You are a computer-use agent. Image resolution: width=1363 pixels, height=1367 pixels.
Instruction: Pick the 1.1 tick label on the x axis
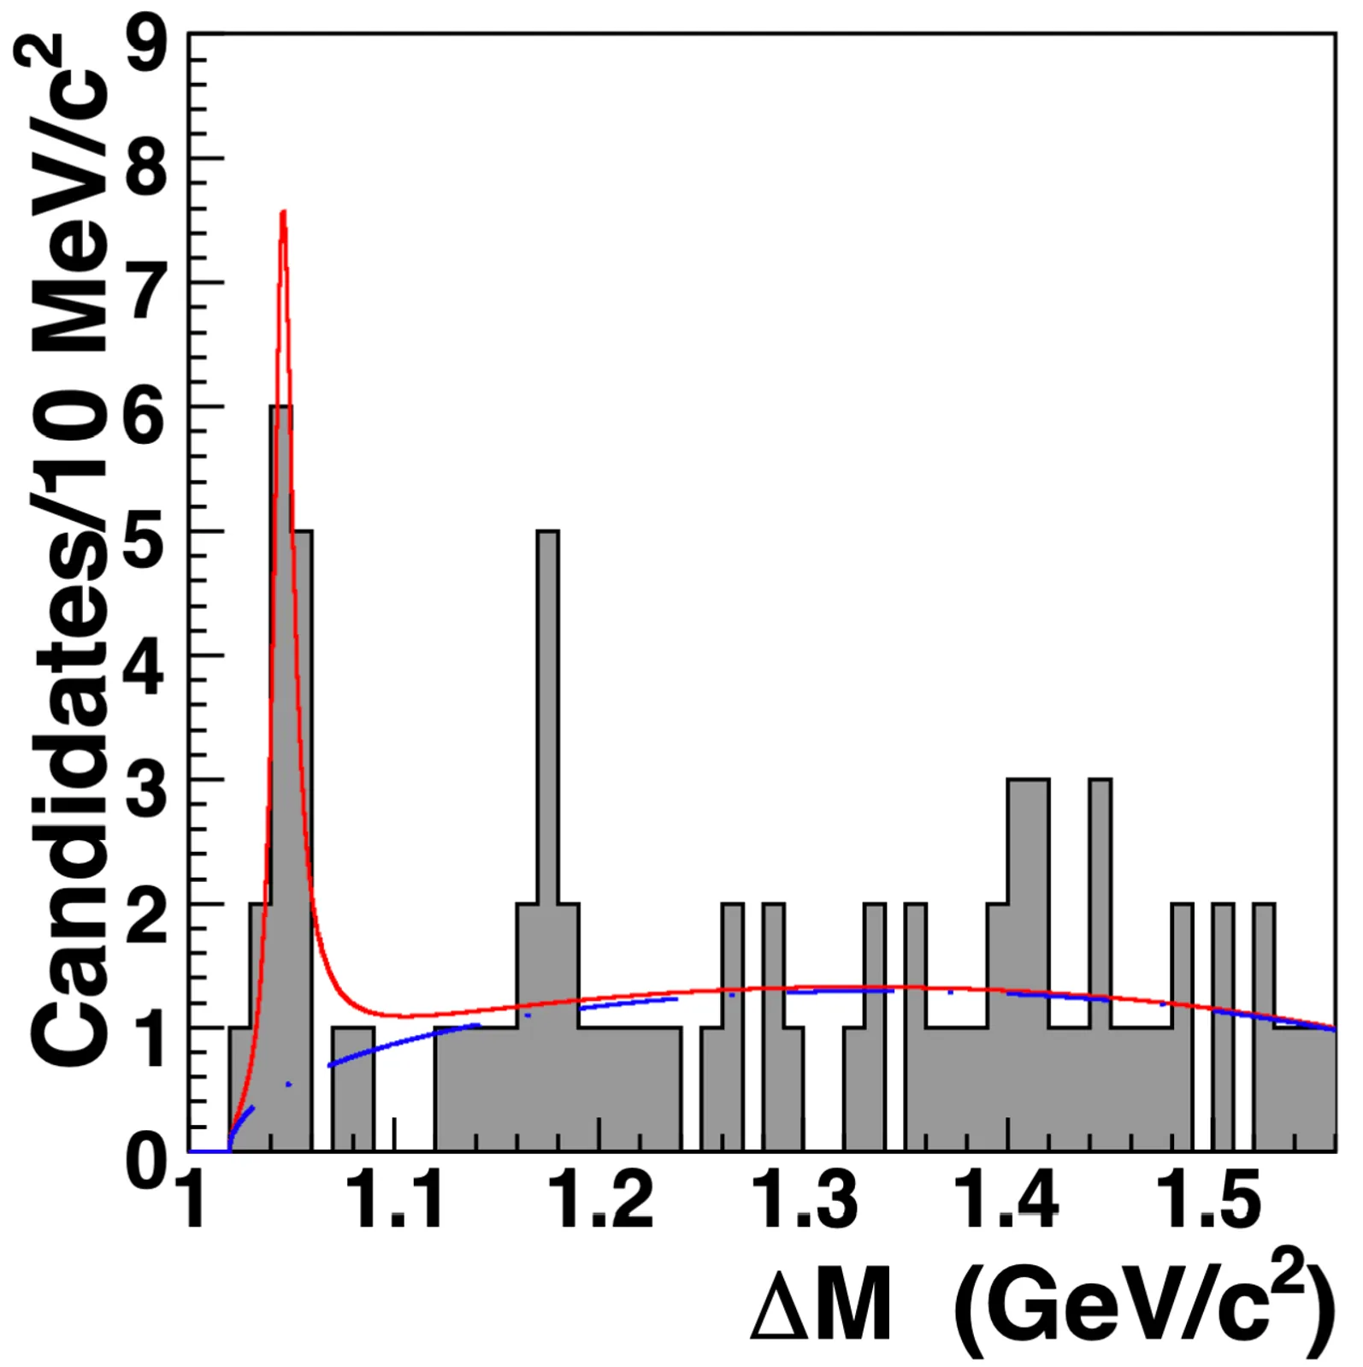coord(398,1199)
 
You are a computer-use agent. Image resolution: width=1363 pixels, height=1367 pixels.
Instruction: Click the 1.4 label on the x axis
coord(1007,1199)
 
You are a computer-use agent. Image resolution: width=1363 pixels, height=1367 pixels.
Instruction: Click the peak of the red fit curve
coord(283,211)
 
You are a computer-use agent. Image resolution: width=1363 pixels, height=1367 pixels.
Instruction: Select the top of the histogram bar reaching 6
coord(281,407)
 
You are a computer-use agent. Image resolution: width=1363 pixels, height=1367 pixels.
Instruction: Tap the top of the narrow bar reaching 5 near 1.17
coord(548,532)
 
